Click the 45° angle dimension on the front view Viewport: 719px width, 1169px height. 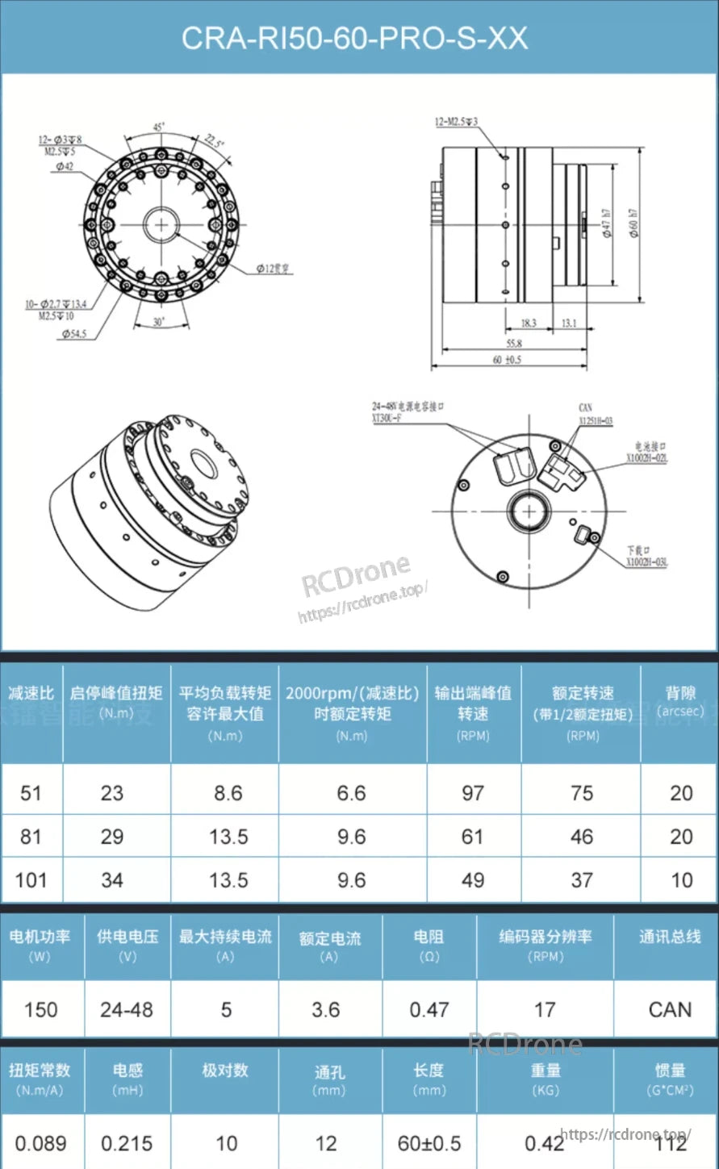159,127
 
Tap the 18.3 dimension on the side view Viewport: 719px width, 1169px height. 529,323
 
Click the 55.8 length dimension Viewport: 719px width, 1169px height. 513,343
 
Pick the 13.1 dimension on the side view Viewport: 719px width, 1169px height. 569,323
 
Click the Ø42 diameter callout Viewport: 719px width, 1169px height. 65,166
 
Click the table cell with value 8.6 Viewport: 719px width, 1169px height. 228,793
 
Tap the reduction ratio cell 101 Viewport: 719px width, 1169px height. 31,880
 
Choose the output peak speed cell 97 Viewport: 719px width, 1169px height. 473,793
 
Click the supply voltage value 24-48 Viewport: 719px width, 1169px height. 127,1009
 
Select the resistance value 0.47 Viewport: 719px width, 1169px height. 428,1009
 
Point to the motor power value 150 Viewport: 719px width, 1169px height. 40,1009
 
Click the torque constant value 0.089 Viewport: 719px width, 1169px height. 40,1143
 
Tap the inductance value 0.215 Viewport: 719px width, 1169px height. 127,1143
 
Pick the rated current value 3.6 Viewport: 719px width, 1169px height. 326,1009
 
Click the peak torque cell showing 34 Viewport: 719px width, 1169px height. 112,880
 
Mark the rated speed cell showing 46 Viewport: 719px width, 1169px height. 582,837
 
